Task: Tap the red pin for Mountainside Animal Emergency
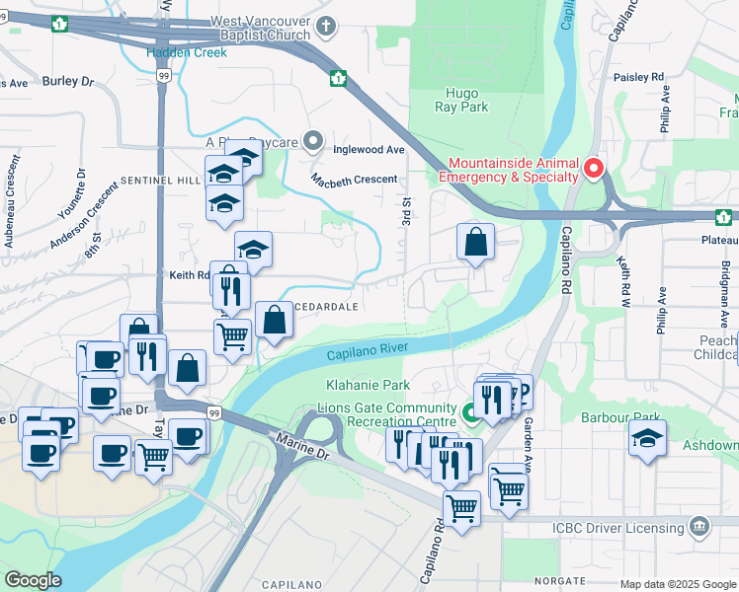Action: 593,168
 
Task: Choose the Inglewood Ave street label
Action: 369,150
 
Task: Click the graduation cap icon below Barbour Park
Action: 647,437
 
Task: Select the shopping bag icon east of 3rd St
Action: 475,241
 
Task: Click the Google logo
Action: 33,580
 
